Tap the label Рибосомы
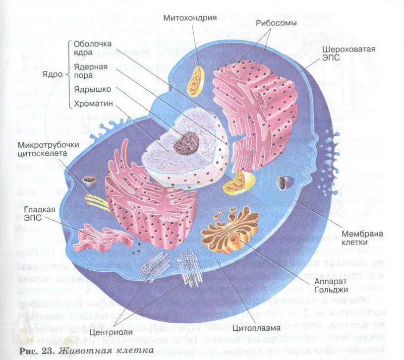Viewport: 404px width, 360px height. pos(277,23)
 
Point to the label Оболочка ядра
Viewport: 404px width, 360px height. pos(93,49)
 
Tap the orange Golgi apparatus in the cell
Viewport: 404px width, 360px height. pos(230,229)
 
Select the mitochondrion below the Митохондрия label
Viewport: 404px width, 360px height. pos(195,80)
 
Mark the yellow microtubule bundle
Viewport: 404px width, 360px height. pos(97,200)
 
